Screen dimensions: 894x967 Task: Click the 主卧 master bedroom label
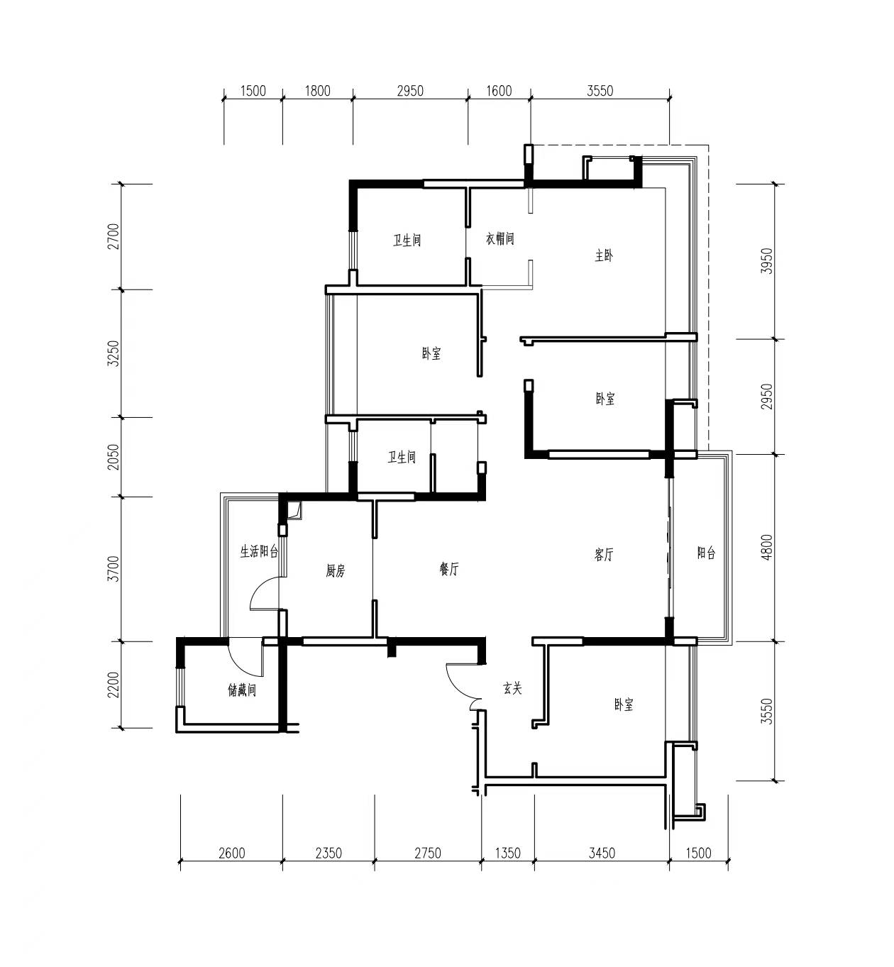tap(604, 255)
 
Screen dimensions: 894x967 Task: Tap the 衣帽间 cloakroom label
tap(500, 238)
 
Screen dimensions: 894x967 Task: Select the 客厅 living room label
tap(604, 554)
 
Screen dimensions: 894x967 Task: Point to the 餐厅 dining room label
tap(449, 569)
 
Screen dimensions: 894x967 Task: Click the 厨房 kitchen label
tap(336, 570)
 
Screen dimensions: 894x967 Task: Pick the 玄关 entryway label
tap(512, 688)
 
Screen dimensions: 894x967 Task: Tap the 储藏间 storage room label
tap(242, 690)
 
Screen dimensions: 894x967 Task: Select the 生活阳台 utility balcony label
tap(259, 551)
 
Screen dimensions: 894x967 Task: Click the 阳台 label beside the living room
tap(707, 553)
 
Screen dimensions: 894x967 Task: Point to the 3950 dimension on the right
tap(766, 261)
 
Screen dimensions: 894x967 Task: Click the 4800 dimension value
tap(766, 547)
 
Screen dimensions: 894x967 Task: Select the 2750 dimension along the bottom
tap(428, 853)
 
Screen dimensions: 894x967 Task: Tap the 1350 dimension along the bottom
tap(507, 853)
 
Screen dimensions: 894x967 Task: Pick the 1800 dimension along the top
tap(318, 91)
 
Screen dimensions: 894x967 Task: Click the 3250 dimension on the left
tap(113, 353)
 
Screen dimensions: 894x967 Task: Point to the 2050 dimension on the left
tap(113, 457)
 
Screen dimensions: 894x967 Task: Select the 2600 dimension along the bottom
tap(232, 853)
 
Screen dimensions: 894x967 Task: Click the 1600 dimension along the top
tap(499, 91)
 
